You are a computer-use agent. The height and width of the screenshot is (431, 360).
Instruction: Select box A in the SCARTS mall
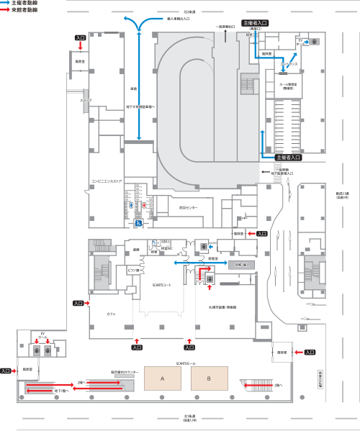point(163,378)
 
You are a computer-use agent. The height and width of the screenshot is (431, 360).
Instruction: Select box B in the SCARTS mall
point(209,378)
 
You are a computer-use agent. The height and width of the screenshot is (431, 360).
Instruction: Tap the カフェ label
point(112,314)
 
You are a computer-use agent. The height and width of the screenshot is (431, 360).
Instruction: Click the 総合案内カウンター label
point(124,372)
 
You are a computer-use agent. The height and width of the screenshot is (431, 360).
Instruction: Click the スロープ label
point(86,101)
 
